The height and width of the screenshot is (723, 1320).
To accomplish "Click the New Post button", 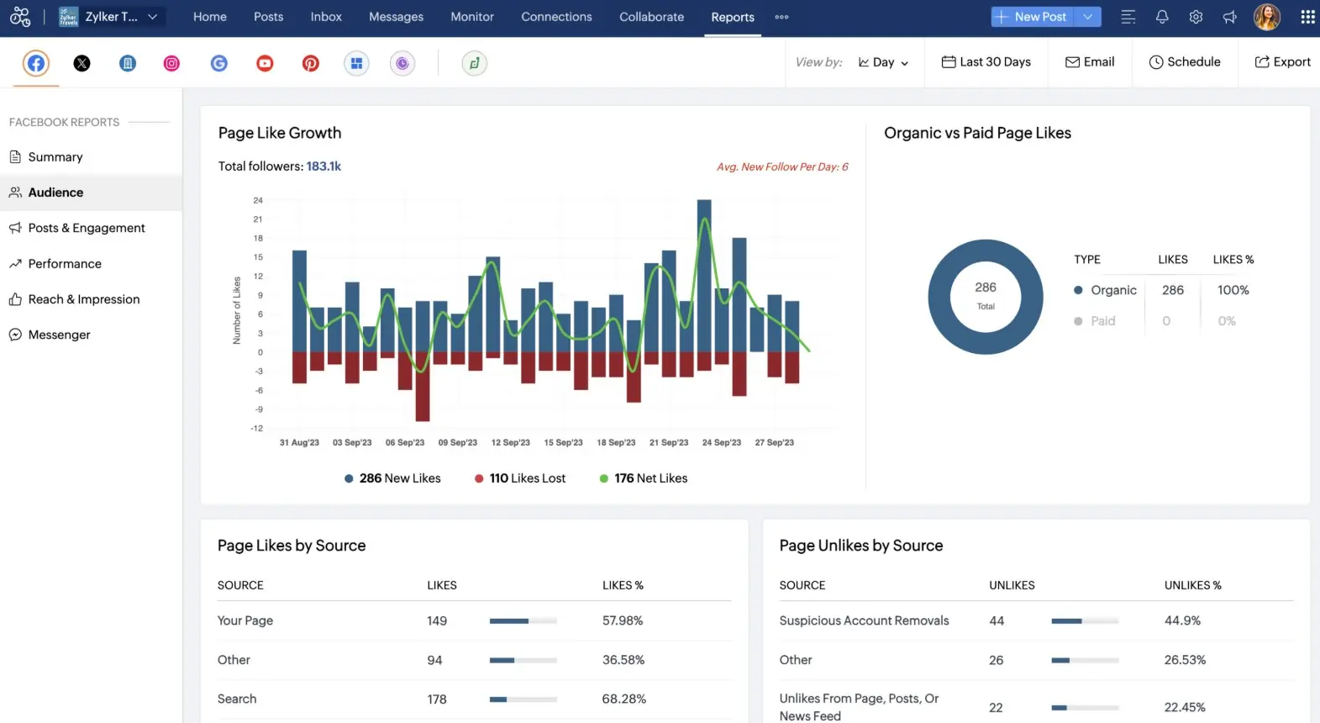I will coord(1032,17).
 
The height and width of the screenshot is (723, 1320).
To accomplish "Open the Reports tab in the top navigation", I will coord(732,17).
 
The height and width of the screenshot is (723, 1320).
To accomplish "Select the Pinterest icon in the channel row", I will coord(311,63).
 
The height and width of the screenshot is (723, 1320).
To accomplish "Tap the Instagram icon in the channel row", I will coord(171,63).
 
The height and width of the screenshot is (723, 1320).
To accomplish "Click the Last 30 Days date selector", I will coord(986,62).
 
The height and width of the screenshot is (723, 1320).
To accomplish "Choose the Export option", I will coord(1282,62).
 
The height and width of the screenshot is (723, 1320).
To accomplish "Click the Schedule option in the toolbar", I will coord(1185,62).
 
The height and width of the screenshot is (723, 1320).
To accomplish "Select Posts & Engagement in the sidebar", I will coord(87,228).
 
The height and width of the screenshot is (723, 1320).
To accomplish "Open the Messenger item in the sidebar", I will coord(59,335).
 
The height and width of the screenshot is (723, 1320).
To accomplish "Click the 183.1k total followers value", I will coord(323,166).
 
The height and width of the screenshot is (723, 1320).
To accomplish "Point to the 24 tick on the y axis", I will coord(258,200).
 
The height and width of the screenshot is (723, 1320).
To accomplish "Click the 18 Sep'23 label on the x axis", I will coord(616,442).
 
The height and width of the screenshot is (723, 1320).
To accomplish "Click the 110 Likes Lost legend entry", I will coord(520,478).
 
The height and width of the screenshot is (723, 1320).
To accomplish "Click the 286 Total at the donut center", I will coord(986,295).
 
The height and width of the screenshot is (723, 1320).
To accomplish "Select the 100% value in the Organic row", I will coord(1233,290).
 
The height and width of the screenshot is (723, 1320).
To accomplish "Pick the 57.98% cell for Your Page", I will coord(623,620).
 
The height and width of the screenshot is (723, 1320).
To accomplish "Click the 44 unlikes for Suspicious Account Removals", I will coord(997,620).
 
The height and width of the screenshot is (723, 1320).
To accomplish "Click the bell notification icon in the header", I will coord(1162,17).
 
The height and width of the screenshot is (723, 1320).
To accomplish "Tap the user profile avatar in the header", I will coord(1266,17).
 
